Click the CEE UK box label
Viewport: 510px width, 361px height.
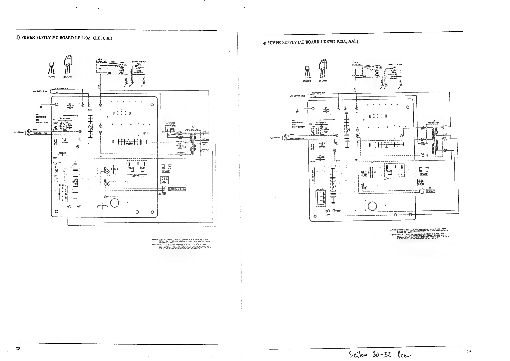pos(165,180)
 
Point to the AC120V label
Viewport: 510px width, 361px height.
pos(431,191)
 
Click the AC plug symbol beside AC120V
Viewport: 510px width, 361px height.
pos(422,191)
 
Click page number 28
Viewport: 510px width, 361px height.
pos(18,349)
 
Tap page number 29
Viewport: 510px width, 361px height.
pos(469,352)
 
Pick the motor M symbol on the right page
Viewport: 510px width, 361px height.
pos(377,73)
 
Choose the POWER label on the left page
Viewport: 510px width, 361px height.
pos(166,172)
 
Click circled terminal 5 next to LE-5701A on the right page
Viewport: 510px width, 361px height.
pos(285,139)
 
